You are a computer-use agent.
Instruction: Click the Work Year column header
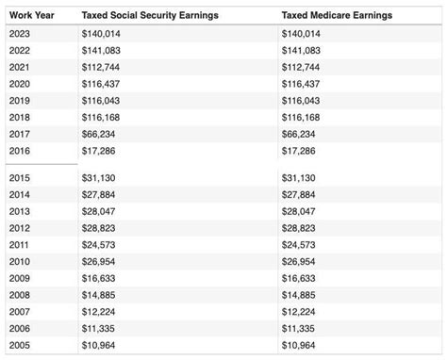(x=31, y=16)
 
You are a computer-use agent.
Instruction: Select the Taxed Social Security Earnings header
(x=148, y=16)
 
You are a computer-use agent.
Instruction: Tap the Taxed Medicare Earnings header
(x=337, y=16)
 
